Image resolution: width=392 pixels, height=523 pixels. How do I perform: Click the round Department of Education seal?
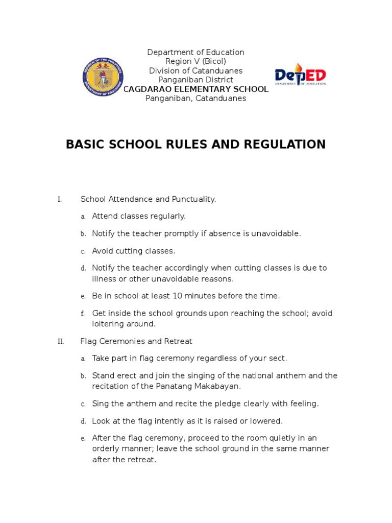[x=103, y=78]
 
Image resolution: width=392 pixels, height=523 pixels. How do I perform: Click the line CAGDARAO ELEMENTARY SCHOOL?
[x=196, y=89]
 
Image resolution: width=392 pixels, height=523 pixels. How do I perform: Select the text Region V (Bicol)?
[x=196, y=62]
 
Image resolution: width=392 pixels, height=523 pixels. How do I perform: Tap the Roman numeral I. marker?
[x=60, y=199]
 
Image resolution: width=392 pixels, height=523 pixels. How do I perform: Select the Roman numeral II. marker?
[x=60, y=341]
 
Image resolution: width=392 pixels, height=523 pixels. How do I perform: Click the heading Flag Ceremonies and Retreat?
[x=136, y=341]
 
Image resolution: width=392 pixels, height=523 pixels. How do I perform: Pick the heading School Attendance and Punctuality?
[x=149, y=199]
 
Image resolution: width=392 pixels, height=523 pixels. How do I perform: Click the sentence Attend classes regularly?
[x=139, y=217]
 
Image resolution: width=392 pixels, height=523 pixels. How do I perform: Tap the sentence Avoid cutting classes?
[x=133, y=251]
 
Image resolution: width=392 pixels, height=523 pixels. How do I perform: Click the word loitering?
[x=109, y=324]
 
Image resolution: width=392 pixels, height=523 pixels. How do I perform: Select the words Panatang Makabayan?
[x=197, y=387]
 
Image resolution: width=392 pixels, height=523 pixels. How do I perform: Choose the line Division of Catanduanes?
[x=196, y=71]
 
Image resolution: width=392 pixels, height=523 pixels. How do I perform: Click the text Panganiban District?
[x=196, y=80]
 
